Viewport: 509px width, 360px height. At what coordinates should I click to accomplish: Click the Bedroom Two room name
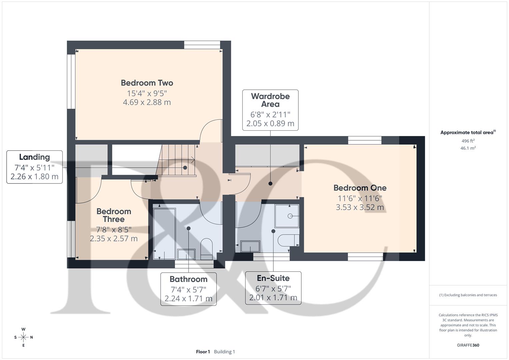click(147, 83)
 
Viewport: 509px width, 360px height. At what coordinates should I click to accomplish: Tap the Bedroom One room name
click(360, 188)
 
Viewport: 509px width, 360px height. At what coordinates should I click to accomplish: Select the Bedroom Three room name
click(114, 215)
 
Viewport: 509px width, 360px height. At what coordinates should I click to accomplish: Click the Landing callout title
click(34, 157)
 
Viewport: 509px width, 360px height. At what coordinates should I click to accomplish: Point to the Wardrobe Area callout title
click(270, 100)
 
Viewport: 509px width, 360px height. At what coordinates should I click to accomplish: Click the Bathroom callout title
click(188, 279)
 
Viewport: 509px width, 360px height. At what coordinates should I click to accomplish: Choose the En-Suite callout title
click(273, 278)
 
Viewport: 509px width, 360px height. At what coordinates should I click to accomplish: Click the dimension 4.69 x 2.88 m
click(147, 102)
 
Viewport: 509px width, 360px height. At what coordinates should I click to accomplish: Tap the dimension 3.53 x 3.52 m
click(360, 207)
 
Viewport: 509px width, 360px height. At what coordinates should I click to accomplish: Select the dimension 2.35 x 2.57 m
click(114, 239)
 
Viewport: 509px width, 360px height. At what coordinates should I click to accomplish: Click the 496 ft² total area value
click(468, 141)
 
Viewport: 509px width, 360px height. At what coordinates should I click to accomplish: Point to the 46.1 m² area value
click(468, 148)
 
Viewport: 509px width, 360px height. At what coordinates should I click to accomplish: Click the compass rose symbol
click(23, 337)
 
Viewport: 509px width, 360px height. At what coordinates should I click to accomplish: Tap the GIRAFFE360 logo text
click(468, 345)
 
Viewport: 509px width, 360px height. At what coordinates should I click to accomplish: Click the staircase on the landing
click(177, 160)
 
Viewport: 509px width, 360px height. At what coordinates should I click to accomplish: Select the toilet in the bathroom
click(207, 248)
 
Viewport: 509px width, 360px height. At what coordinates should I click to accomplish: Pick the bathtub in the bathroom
click(164, 233)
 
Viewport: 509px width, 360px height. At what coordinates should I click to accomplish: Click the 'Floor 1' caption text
click(203, 352)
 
